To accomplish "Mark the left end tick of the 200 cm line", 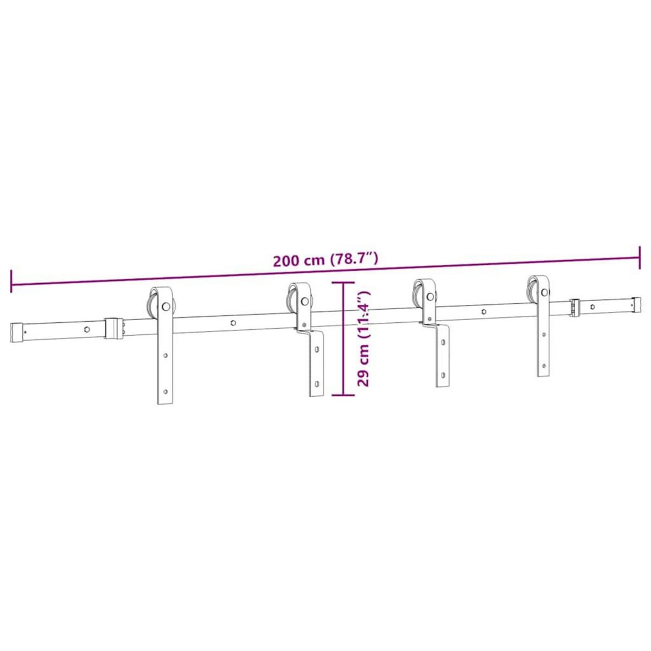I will (11, 279).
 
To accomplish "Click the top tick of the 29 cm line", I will (343, 282).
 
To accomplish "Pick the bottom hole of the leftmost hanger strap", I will (165, 390).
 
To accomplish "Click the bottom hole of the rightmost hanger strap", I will (543, 366).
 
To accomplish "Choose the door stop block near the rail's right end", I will (575, 307).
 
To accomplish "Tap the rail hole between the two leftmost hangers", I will (233, 322).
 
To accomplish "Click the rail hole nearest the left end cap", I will (86, 328).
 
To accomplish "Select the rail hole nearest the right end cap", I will (592, 307).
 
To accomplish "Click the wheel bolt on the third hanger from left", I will (430, 297).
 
